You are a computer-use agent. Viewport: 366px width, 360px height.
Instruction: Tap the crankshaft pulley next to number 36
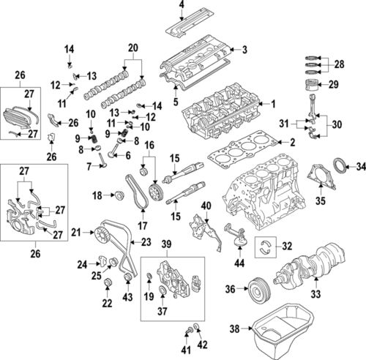point(256,288)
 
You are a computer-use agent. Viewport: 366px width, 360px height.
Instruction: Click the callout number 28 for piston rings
point(339,64)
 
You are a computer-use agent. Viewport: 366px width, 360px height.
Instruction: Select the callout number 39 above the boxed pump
point(166,243)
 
